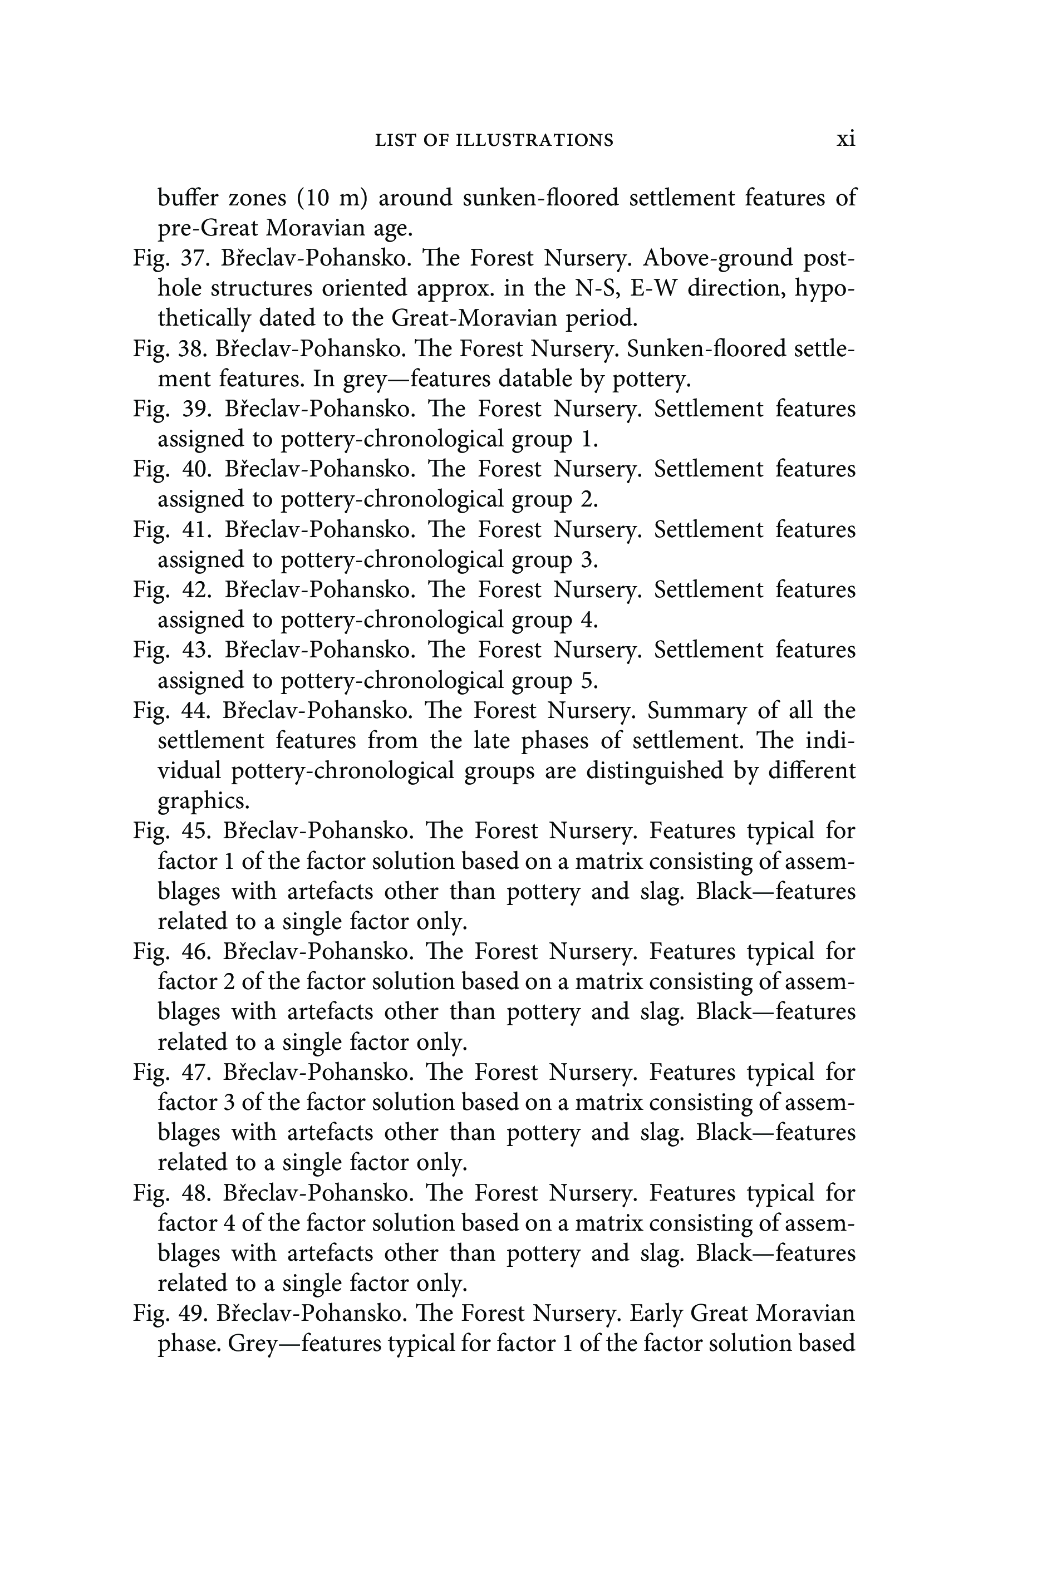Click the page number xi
(x=845, y=139)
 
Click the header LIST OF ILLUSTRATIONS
(x=494, y=140)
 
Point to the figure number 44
(x=195, y=710)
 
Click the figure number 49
(x=192, y=1313)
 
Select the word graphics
(x=203, y=801)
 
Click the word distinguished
(x=654, y=771)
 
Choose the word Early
(x=652, y=1313)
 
